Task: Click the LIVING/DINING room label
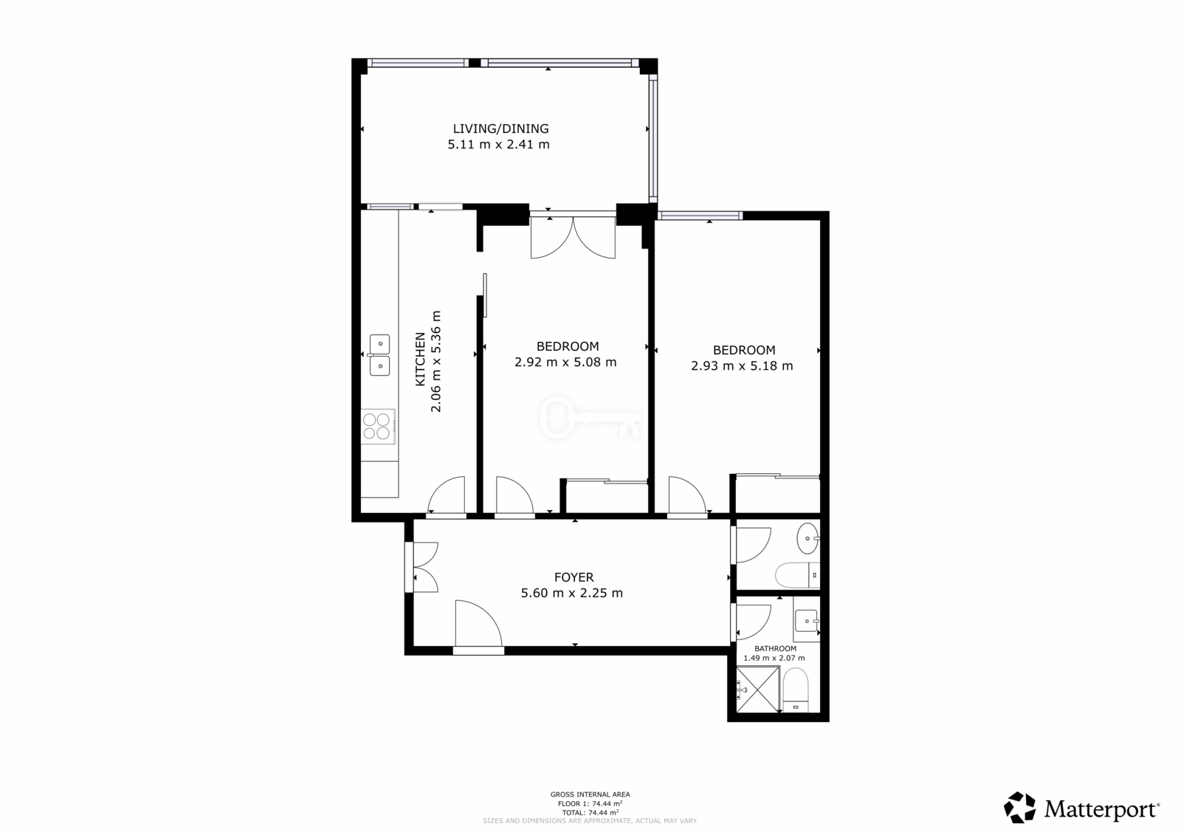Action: pyautogui.click(x=501, y=128)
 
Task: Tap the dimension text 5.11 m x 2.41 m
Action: pyautogui.click(x=499, y=144)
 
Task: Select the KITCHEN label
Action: pyautogui.click(x=420, y=359)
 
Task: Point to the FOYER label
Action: pyautogui.click(x=574, y=577)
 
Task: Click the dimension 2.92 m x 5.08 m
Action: pyautogui.click(x=565, y=362)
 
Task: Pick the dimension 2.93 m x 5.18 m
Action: pyautogui.click(x=742, y=365)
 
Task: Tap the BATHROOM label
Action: pyautogui.click(x=775, y=648)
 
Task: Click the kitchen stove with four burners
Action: pyautogui.click(x=378, y=426)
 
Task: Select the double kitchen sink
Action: pyautogui.click(x=379, y=355)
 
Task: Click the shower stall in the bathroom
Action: pyautogui.click(x=757, y=689)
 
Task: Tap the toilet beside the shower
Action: pyautogui.click(x=796, y=690)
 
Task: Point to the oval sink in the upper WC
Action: pyautogui.click(x=808, y=538)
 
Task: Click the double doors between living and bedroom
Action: pyautogui.click(x=573, y=238)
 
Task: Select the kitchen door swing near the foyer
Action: pyautogui.click(x=446, y=495)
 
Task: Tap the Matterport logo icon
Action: pyautogui.click(x=1019, y=807)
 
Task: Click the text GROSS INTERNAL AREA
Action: pyautogui.click(x=590, y=794)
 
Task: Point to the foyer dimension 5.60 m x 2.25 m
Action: pyautogui.click(x=572, y=593)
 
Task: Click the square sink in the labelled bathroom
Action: pyautogui.click(x=806, y=621)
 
